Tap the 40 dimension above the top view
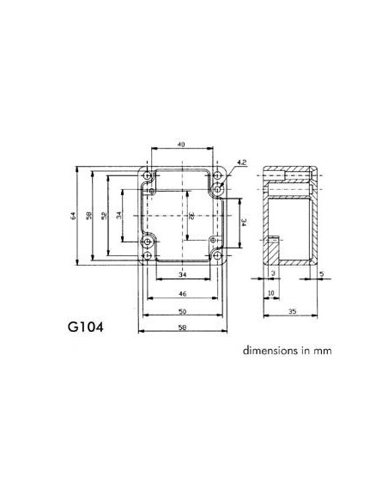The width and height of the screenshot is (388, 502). click(181, 145)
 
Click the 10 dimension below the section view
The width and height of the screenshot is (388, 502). click(270, 293)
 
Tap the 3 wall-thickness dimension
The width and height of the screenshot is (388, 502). click(272, 274)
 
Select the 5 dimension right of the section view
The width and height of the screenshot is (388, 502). click(320, 274)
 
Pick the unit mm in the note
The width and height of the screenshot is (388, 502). click(321, 351)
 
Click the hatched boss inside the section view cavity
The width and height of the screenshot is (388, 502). click(273, 250)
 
